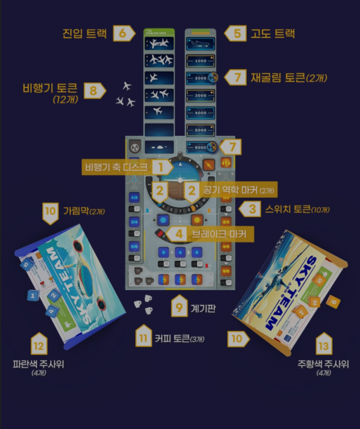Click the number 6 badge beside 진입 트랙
pyautogui.click(x=122, y=33)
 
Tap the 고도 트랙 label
pyautogui.click(x=272, y=34)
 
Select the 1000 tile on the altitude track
pyautogui.click(x=201, y=61)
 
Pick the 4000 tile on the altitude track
pyautogui.click(x=201, y=113)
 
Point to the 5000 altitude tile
pyautogui.click(x=201, y=130)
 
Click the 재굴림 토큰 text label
pyautogui.click(x=289, y=78)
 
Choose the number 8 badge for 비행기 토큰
pyautogui.click(x=93, y=91)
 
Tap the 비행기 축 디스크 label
pyautogui.click(x=116, y=167)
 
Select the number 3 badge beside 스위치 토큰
pyautogui.click(x=252, y=209)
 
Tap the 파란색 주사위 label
pyautogui.click(x=38, y=365)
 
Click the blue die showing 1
pyautogui.click(x=33, y=295)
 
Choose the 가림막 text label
pyautogui.click(x=84, y=211)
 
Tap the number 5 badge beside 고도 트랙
pyautogui.click(x=238, y=34)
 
